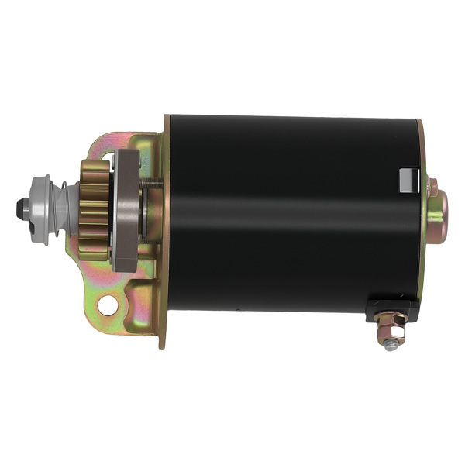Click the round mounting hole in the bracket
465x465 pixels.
point(108,305)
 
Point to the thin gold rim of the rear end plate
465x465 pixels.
point(421,256)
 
